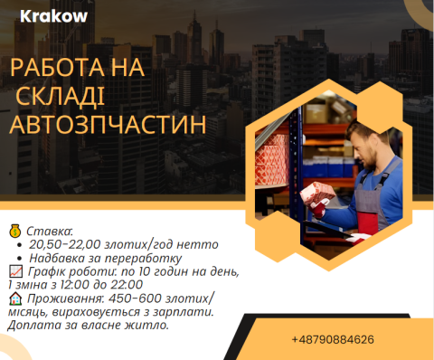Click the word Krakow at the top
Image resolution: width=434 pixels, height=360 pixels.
[54, 17]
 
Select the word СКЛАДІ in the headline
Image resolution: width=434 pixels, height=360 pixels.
[72, 96]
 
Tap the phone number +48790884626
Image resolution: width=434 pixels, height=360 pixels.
[333, 339]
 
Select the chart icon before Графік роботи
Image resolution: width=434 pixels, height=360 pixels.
[14, 271]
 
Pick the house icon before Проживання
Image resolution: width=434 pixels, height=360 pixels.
[14, 298]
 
